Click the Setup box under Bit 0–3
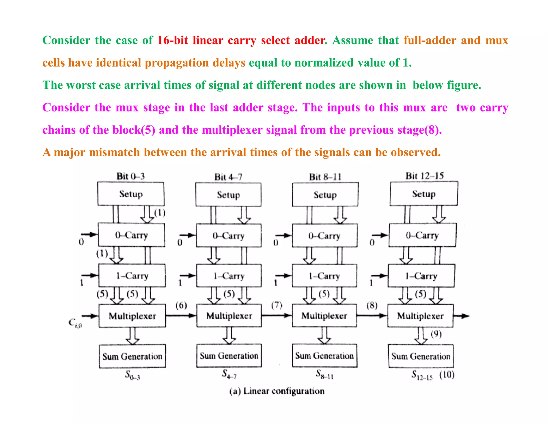point(131,194)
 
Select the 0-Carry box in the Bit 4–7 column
point(229,236)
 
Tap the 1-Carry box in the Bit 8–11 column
point(324,276)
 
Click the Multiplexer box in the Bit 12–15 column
point(420,316)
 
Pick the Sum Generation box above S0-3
point(132,356)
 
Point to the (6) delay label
point(181,305)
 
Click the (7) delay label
point(277,305)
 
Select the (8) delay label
point(372,305)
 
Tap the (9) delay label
point(436,334)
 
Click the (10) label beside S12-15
point(447,375)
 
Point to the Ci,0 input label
point(75,323)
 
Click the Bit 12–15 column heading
point(424,176)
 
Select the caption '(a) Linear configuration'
point(277,391)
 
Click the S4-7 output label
point(229,374)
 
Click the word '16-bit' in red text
point(173,40)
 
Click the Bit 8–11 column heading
point(325,177)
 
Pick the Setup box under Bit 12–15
point(424,194)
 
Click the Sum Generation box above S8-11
point(325,356)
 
